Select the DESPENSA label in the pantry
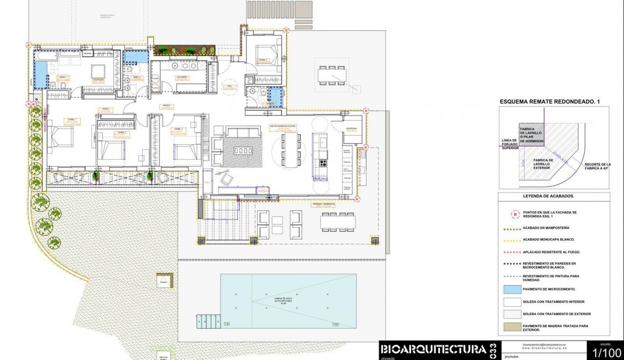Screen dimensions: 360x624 pyautogui.click(x=352, y=115)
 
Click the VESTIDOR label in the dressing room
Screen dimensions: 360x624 pyautogui.click(x=98, y=80)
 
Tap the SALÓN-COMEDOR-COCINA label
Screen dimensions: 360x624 pyautogui.click(x=283, y=126)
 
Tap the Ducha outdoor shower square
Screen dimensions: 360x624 pyautogui.click(x=163, y=280)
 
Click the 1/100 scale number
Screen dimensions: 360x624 pyautogui.click(x=605, y=352)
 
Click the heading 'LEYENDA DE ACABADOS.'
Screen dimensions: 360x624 pyautogui.click(x=552, y=196)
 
